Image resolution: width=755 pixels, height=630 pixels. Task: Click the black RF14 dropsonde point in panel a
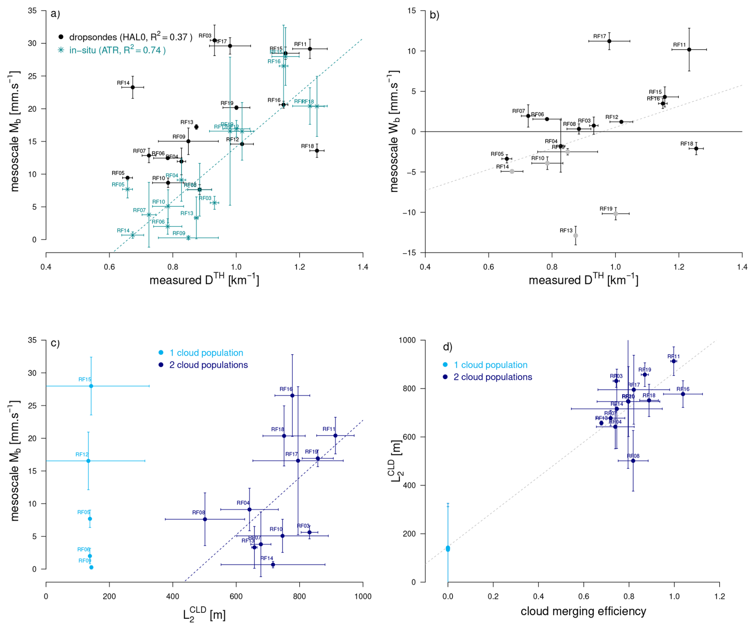(x=132, y=87)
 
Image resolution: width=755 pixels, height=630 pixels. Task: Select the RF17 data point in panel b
(x=609, y=41)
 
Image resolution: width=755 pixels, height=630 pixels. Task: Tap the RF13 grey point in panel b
(x=575, y=236)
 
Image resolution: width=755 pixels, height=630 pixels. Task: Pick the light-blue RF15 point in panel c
(x=91, y=386)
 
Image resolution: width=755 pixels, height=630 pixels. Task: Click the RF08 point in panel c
(x=205, y=519)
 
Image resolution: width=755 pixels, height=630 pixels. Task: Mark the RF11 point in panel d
(x=674, y=361)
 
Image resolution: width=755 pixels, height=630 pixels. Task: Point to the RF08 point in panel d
(x=633, y=461)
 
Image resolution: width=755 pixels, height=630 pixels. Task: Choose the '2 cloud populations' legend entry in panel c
(x=208, y=365)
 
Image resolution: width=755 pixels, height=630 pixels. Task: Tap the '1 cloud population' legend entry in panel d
(x=490, y=365)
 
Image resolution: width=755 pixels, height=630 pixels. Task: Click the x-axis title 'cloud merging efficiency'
(x=583, y=611)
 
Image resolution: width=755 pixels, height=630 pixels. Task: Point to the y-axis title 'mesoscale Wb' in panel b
(x=394, y=132)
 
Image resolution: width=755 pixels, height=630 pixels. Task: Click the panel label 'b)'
(x=434, y=15)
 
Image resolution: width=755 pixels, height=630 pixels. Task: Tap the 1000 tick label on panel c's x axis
(x=362, y=596)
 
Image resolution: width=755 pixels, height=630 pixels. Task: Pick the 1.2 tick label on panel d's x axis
(x=719, y=596)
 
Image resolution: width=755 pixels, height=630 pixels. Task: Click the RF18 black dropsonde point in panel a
(x=317, y=151)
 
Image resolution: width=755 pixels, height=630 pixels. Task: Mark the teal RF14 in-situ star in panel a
(x=132, y=235)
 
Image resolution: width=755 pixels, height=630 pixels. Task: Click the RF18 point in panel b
(x=696, y=149)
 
